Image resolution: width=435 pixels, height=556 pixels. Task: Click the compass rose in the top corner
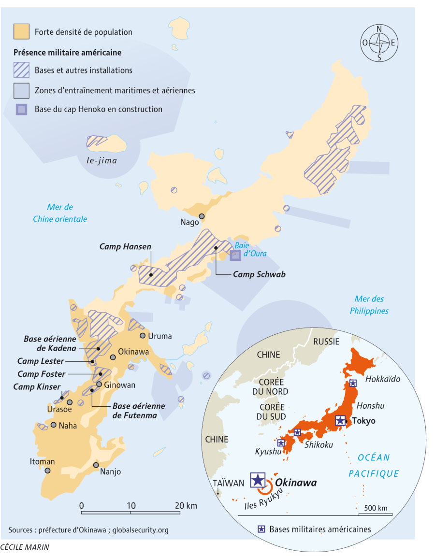click(379, 43)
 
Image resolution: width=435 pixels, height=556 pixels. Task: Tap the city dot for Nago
click(202, 216)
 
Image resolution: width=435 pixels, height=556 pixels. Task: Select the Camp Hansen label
click(125, 246)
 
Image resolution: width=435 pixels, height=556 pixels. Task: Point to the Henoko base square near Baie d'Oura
click(235, 256)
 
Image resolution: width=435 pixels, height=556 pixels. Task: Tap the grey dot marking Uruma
click(143, 336)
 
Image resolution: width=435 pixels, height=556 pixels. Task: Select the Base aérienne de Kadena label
click(50, 343)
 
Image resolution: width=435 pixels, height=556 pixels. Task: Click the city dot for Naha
click(54, 425)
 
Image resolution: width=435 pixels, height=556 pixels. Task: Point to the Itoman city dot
click(47, 470)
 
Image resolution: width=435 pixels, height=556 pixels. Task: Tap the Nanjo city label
click(110, 472)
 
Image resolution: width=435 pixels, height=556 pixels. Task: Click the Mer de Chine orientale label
click(60, 213)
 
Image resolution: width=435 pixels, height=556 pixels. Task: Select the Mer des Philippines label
click(369, 305)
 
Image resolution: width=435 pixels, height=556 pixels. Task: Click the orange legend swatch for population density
click(22, 32)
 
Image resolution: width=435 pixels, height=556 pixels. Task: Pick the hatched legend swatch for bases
click(22, 70)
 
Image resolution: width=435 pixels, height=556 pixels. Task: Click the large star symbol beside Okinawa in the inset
click(258, 480)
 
